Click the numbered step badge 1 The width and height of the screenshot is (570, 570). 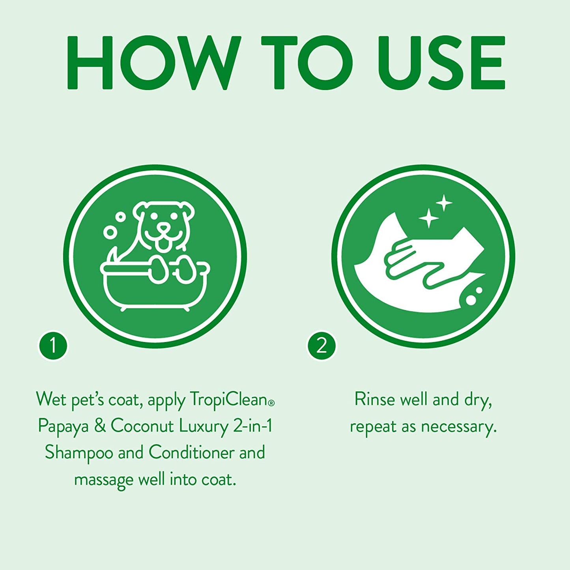point(53,346)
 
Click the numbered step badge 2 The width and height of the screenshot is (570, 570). point(321,346)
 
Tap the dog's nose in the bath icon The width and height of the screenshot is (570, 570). point(163,228)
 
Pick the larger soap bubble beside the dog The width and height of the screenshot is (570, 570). point(110,232)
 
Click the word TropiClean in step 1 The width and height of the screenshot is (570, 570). point(229,399)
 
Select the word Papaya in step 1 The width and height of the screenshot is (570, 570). point(63,426)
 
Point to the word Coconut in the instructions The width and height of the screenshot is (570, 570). point(142,426)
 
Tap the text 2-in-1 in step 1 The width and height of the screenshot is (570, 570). point(252,426)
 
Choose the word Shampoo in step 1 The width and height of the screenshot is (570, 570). point(79,453)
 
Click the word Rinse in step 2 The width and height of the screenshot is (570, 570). point(374,399)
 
